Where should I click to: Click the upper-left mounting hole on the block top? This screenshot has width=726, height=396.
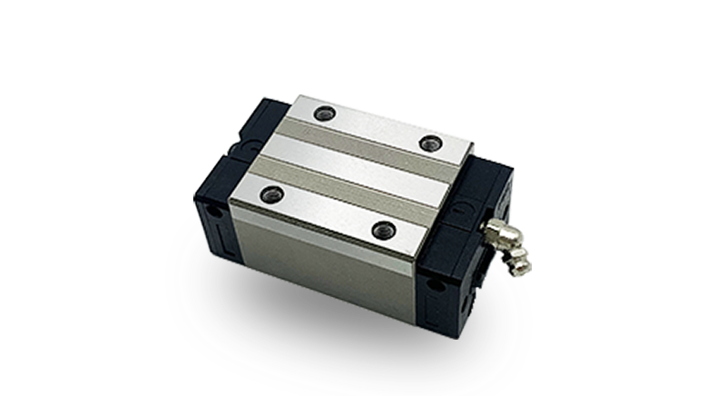(x=324, y=114)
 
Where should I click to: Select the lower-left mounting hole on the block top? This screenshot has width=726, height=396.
(x=270, y=194)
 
